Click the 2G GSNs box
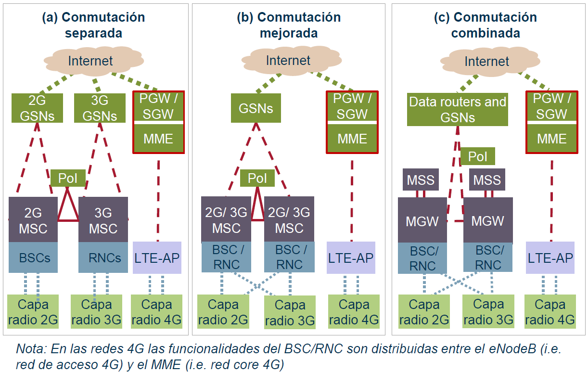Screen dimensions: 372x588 (38, 108)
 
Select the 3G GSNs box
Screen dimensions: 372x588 (100, 108)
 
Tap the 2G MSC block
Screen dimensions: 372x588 (33, 220)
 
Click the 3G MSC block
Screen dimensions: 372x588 (103, 220)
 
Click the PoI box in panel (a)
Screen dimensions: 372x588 (68, 178)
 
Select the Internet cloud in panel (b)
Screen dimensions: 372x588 (288, 61)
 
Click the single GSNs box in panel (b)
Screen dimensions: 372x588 (256, 108)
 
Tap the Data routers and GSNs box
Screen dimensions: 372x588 (458, 109)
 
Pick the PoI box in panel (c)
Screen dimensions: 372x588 (477, 156)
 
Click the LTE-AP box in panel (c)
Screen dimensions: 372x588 (550, 258)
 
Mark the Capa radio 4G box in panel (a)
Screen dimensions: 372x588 (156, 311)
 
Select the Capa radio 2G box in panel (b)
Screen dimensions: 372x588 (223, 312)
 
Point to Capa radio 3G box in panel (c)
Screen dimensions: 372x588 (488, 312)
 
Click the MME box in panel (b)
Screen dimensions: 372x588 (352, 139)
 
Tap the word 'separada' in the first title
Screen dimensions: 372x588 (93, 34)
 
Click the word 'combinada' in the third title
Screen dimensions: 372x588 (486, 34)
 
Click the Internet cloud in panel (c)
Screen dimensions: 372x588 (486, 61)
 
